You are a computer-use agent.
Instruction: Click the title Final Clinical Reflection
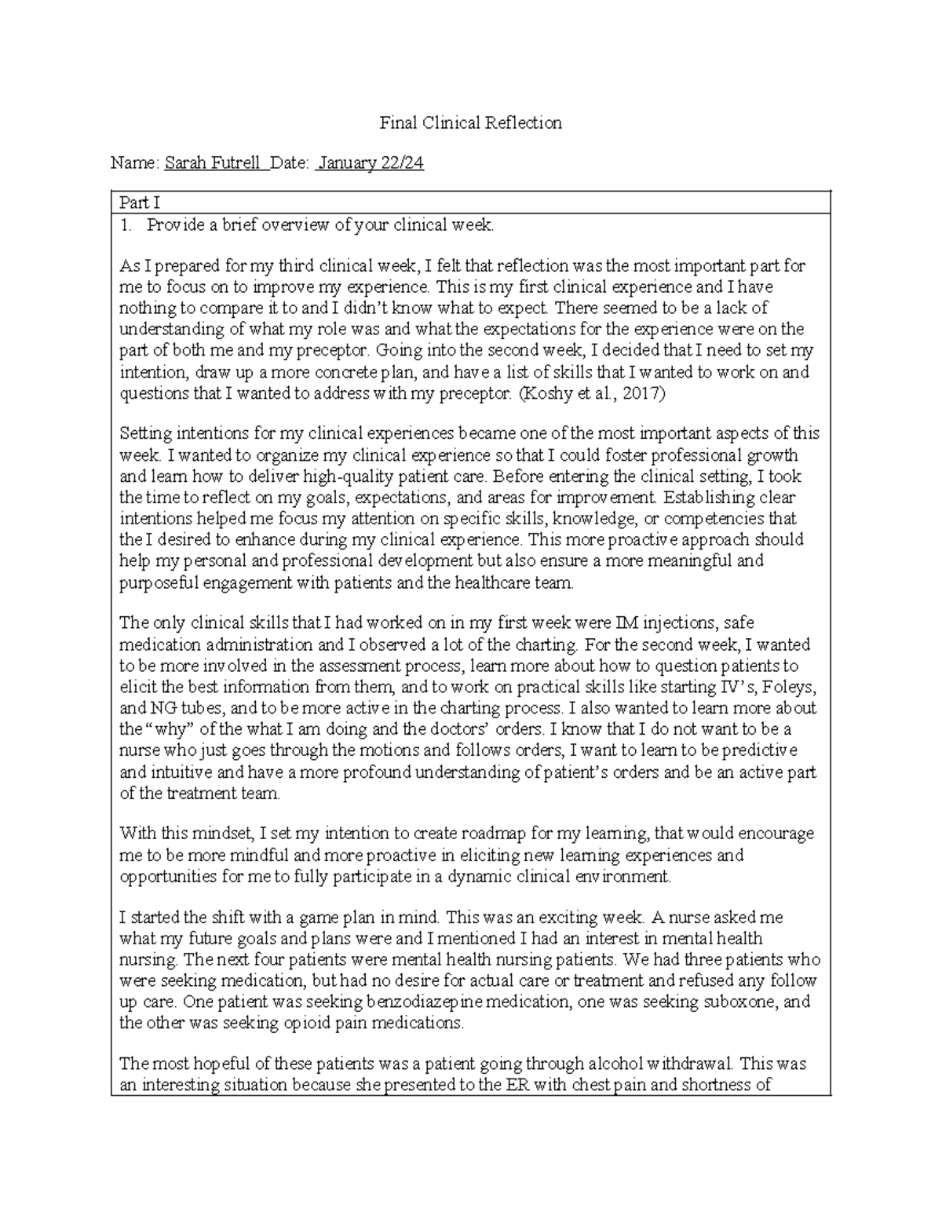pyautogui.click(x=470, y=122)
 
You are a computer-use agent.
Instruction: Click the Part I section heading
pyautogui.click(x=139, y=203)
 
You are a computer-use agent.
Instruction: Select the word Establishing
pyautogui.click(x=729, y=497)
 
